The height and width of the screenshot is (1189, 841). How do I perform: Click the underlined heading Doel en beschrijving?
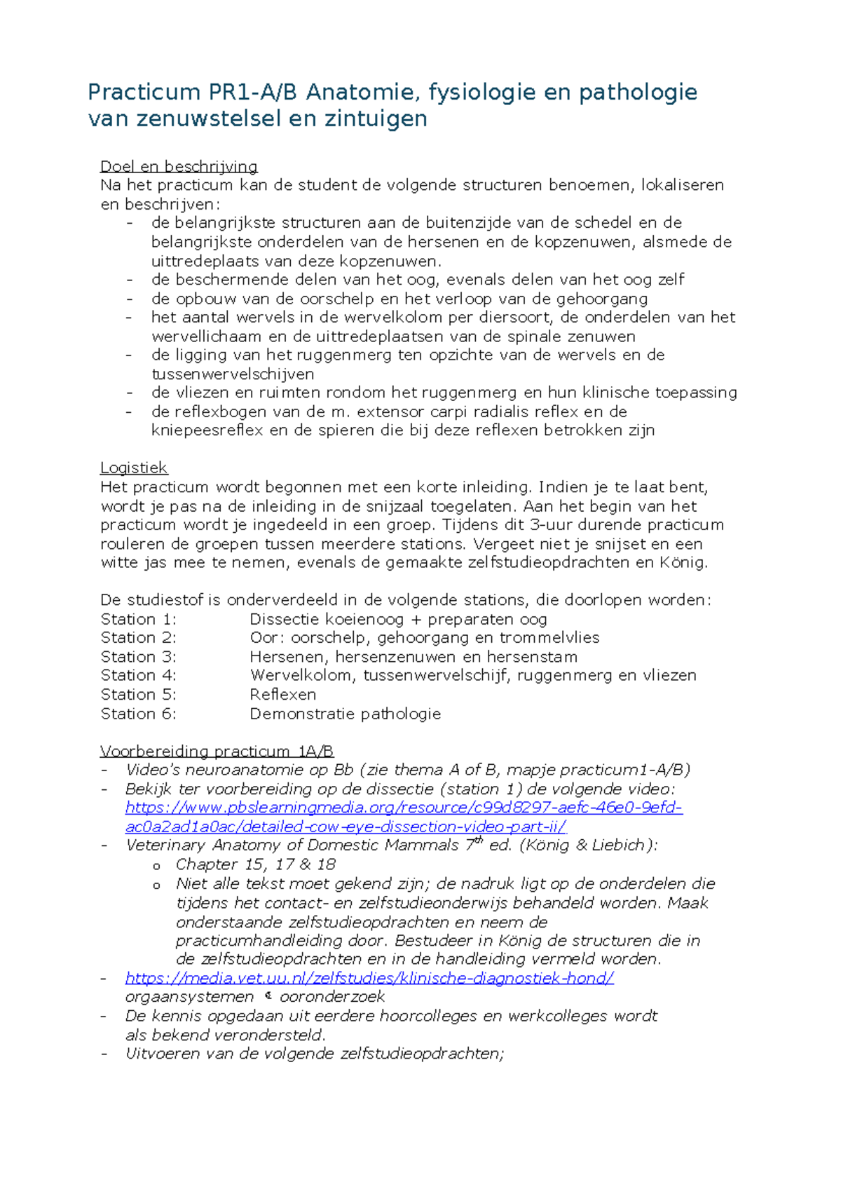pos(179,167)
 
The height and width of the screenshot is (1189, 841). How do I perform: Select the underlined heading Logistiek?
pos(134,468)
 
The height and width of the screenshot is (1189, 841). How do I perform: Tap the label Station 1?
pos(138,619)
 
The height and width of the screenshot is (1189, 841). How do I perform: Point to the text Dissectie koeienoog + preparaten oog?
pos(398,619)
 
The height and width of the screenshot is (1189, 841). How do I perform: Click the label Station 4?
pos(138,675)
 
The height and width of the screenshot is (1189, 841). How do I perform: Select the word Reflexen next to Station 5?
pos(282,694)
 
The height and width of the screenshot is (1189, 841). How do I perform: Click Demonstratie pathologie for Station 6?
pos(345,714)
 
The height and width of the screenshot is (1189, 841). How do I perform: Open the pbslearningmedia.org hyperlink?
pos(403,808)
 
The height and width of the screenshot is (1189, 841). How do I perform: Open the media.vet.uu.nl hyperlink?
pos(369,978)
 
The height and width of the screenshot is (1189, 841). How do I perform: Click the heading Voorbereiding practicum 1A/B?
pos(217,752)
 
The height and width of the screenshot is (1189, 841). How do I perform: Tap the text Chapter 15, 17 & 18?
pos(255,864)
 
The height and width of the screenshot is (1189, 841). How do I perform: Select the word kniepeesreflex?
pos(207,430)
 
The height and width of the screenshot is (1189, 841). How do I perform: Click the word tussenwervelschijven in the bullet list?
pos(232,374)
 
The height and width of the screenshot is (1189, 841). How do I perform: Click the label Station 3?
pos(138,657)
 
